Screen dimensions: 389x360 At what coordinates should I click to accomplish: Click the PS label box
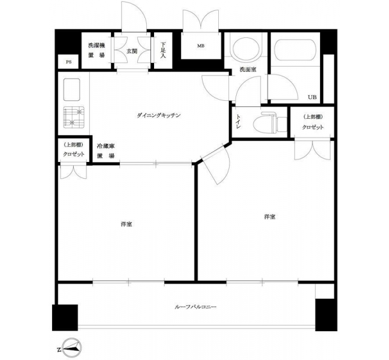[69, 62]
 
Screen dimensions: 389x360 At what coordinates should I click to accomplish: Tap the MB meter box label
[201, 46]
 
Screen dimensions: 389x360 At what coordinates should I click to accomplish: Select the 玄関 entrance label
[132, 52]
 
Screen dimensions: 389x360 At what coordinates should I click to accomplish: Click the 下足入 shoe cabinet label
[163, 50]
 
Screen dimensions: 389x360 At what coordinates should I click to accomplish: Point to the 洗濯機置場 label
[97, 50]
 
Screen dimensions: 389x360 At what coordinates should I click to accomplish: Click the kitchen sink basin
[72, 89]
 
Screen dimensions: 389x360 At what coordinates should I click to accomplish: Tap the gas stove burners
[74, 117]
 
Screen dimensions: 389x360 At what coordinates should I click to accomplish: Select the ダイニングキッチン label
[158, 115]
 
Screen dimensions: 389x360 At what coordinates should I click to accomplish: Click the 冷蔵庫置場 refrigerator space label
[105, 151]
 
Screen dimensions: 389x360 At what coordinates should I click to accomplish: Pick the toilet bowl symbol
[270, 123]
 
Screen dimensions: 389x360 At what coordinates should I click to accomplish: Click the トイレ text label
[238, 122]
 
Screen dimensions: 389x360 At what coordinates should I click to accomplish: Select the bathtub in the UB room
[295, 50]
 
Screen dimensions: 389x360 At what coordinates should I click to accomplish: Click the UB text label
[312, 97]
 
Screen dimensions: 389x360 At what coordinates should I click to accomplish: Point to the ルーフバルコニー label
[196, 307]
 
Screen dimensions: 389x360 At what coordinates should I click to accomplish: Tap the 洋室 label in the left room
[126, 224]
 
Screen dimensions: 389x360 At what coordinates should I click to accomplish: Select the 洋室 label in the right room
[270, 217]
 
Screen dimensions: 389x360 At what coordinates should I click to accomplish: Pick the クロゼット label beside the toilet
[313, 127]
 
